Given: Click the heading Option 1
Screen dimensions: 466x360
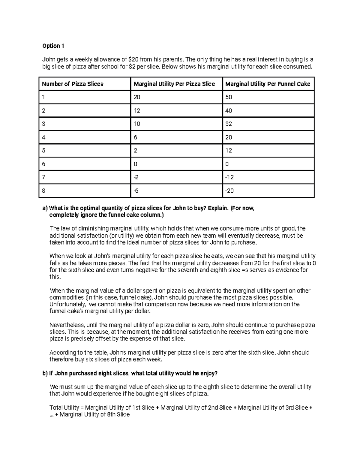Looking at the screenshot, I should pos(53,46).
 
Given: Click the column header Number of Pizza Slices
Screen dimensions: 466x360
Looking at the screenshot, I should pos(73,84).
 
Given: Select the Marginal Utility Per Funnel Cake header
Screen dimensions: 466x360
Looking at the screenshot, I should pos(268,84).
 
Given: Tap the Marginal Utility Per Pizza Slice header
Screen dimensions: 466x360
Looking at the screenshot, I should pos(174,84).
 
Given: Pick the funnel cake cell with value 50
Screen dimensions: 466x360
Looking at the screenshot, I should pos(229,98).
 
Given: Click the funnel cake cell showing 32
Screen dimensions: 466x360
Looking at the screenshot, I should pos(229,124).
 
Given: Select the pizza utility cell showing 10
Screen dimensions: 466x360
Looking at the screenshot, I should pos(137,124).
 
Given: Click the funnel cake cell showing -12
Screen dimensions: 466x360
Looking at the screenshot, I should pos(229,177).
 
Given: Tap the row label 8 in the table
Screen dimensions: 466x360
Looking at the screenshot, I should pos(44,191).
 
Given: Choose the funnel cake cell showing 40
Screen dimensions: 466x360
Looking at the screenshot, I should pos(229,111).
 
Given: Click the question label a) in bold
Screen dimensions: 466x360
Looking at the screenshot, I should pos(45,208).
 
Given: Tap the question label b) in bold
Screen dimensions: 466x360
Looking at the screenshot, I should pos(45,373).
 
